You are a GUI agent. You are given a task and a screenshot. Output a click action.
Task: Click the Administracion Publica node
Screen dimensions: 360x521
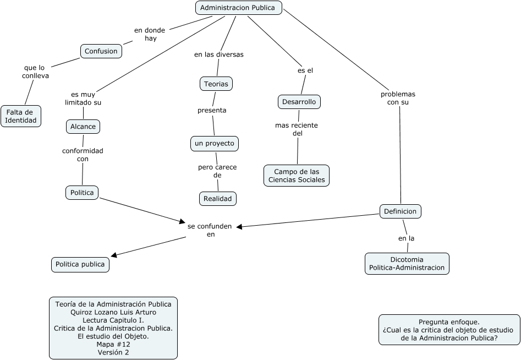[239, 8]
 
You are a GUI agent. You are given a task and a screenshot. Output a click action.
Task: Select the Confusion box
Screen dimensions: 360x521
[101, 51]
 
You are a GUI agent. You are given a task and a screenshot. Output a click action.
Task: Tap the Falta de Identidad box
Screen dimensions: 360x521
[21, 116]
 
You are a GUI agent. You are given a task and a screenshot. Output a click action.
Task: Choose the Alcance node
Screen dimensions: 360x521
[83, 127]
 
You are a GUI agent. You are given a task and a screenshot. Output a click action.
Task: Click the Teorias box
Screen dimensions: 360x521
[216, 84]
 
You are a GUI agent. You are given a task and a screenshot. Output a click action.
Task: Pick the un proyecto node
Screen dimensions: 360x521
[214, 143]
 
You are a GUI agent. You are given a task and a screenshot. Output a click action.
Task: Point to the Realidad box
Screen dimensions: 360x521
[217, 198]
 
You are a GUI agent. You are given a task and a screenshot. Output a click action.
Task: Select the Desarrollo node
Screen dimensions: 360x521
[299, 102]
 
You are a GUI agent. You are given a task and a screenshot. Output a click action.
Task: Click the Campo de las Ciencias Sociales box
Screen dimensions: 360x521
[297, 176]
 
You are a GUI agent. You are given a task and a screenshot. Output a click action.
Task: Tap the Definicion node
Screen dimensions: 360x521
[401, 211]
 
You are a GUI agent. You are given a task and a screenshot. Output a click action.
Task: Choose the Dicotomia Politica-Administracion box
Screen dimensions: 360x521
[407, 263]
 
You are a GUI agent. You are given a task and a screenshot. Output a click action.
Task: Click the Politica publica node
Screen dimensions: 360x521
[80, 264]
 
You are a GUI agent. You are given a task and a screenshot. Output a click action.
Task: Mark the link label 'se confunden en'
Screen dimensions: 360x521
[210, 230]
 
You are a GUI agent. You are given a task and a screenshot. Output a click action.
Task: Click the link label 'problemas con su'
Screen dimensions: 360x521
[398, 98]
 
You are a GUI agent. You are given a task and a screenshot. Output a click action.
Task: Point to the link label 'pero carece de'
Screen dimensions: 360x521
[217, 171]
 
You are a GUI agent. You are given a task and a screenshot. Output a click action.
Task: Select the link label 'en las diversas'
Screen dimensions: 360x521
[218, 54]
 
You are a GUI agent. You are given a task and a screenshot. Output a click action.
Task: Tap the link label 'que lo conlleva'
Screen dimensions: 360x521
[35, 72]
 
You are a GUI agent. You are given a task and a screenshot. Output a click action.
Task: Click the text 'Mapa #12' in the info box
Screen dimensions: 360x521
[113, 344]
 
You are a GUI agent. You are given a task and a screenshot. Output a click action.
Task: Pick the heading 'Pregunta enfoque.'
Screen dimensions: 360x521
[449, 322]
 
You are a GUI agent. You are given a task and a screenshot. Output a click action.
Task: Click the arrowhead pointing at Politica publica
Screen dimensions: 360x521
[113, 255]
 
